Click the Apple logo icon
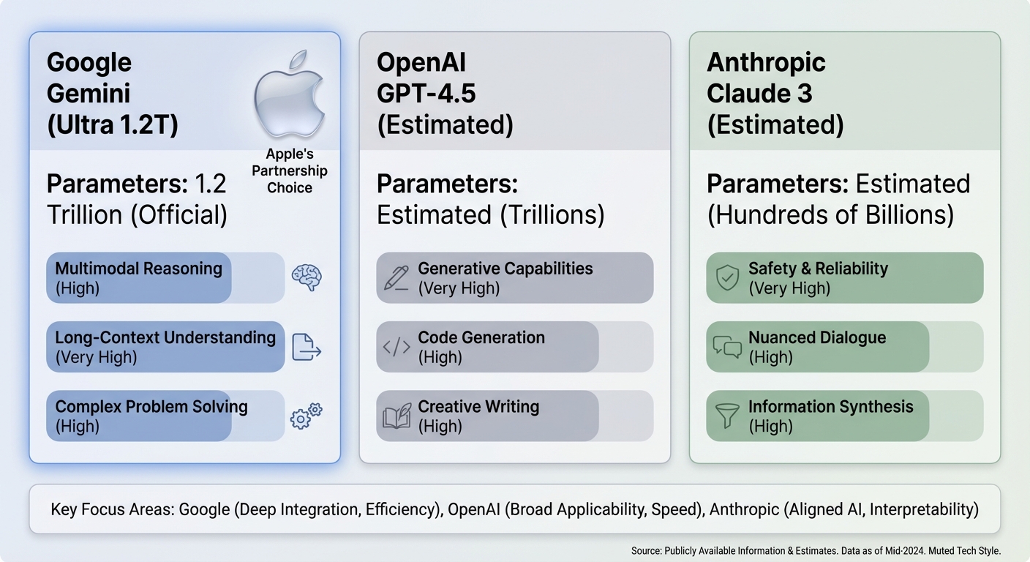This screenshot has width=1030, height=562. [288, 94]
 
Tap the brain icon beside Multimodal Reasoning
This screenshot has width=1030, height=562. [307, 278]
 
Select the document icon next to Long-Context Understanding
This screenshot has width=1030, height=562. [307, 347]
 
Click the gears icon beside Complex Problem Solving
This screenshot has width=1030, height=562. [307, 415]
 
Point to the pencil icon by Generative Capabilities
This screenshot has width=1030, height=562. [396, 278]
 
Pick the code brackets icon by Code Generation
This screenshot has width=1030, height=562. [396, 347]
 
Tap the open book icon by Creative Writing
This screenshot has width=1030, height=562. [397, 416]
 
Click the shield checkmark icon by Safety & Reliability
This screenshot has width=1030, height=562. [727, 278]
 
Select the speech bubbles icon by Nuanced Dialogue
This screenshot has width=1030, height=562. [727, 347]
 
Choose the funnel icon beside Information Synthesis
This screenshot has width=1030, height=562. [727, 416]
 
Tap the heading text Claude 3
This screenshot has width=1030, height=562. [759, 94]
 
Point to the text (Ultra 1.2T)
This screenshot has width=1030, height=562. [112, 125]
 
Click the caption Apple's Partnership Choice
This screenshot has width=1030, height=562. [290, 171]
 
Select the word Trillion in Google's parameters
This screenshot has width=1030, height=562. [84, 215]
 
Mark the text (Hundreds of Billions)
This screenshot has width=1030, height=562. [830, 215]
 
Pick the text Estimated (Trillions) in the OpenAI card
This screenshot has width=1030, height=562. [490, 215]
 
